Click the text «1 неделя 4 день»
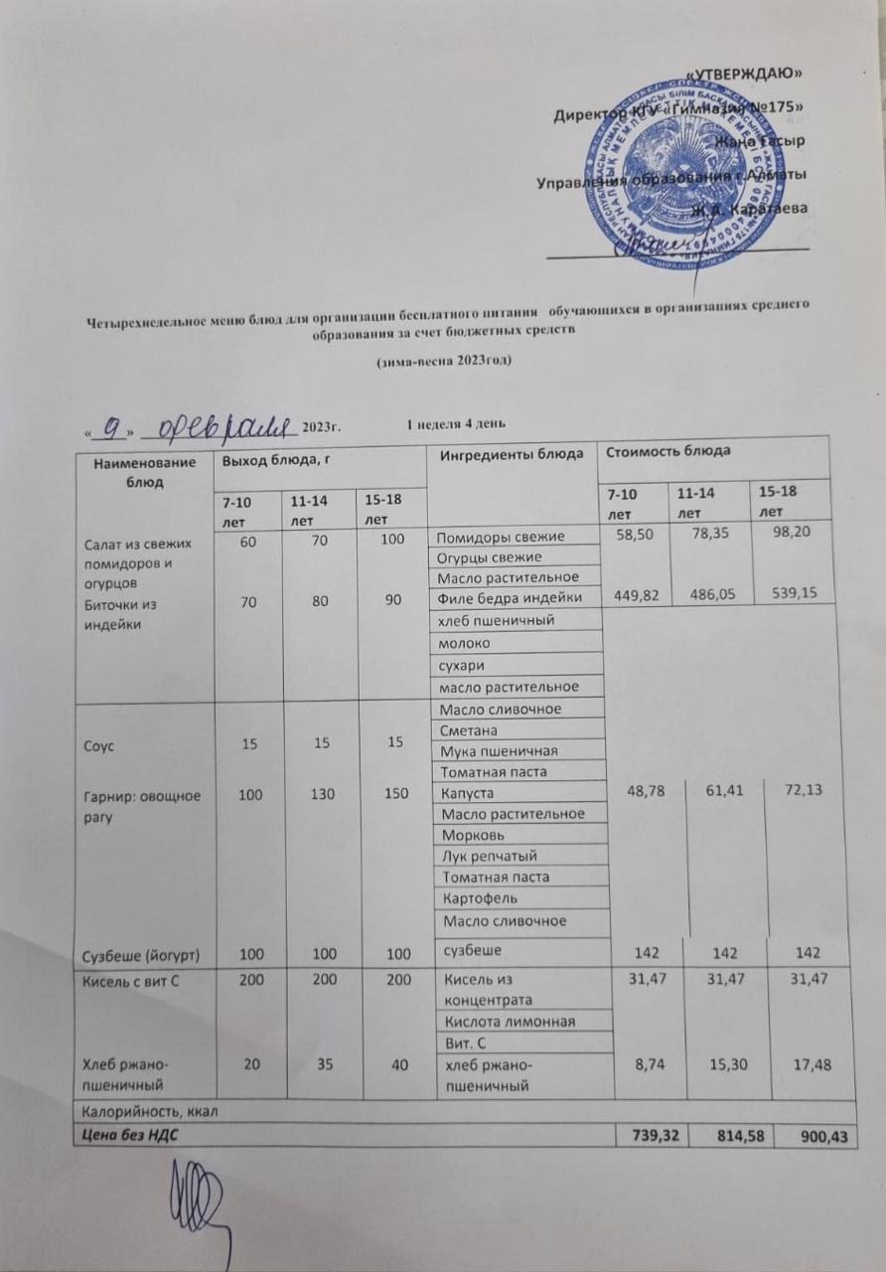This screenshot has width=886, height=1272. [x=458, y=425]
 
